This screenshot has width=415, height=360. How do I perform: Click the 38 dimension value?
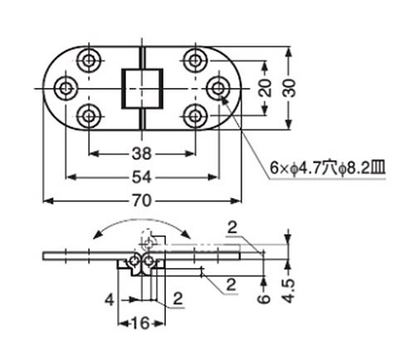point(142,153)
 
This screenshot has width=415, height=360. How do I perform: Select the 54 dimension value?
point(142,178)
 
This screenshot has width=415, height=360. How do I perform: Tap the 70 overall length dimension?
point(142,201)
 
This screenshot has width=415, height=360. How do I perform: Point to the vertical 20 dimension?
point(266,88)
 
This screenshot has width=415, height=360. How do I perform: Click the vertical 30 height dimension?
point(289,88)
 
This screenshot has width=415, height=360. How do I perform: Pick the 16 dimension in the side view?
point(141,323)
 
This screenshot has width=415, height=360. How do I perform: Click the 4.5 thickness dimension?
point(289,291)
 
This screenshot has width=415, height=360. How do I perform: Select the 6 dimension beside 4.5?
point(265,299)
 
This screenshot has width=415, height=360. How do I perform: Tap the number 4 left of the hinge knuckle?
point(110,299)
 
